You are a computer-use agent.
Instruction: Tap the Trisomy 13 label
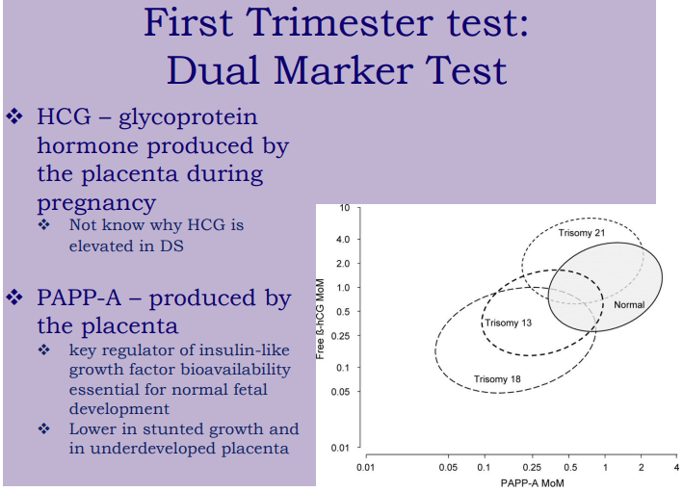(x=508, y=323)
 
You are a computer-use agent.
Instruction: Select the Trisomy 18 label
(x=497, y=379)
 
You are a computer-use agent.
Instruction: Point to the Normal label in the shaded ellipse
(x=629, y=305)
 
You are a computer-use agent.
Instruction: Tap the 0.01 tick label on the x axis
(x=364, y=467)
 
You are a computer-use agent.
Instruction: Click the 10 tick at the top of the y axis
(x=345, y=207)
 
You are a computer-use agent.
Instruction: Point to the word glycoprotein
(x=190, y=118)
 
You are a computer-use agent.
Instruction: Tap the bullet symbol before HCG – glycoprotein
(x=14, y=117)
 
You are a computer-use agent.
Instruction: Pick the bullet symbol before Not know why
(x=44, y=225)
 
